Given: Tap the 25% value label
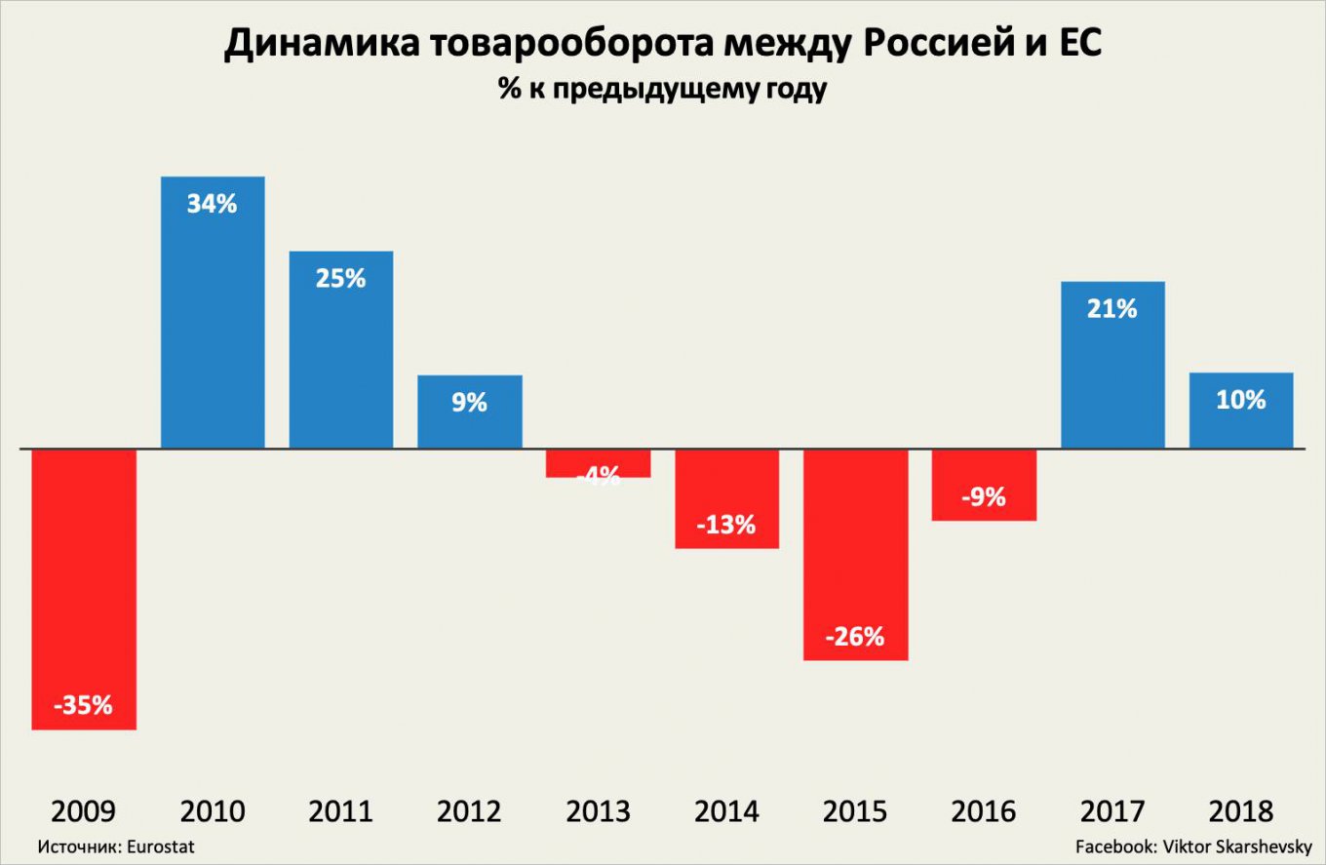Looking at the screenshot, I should click(x=340, y=278).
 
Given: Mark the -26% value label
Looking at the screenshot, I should click(x=854, y=638).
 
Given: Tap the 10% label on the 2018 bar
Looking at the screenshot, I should click(x=1241, y=400).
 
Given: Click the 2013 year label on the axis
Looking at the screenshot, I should click(x=598, y=811).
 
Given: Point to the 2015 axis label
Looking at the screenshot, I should click(x=854, y=811).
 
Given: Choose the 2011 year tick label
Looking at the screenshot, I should click(x=340, y=811).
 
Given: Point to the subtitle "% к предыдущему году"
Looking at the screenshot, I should click(x=663, y=91).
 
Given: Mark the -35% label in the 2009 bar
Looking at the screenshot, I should click(x=83, y=705).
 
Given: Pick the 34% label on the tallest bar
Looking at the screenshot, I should click(x=213, y=205).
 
